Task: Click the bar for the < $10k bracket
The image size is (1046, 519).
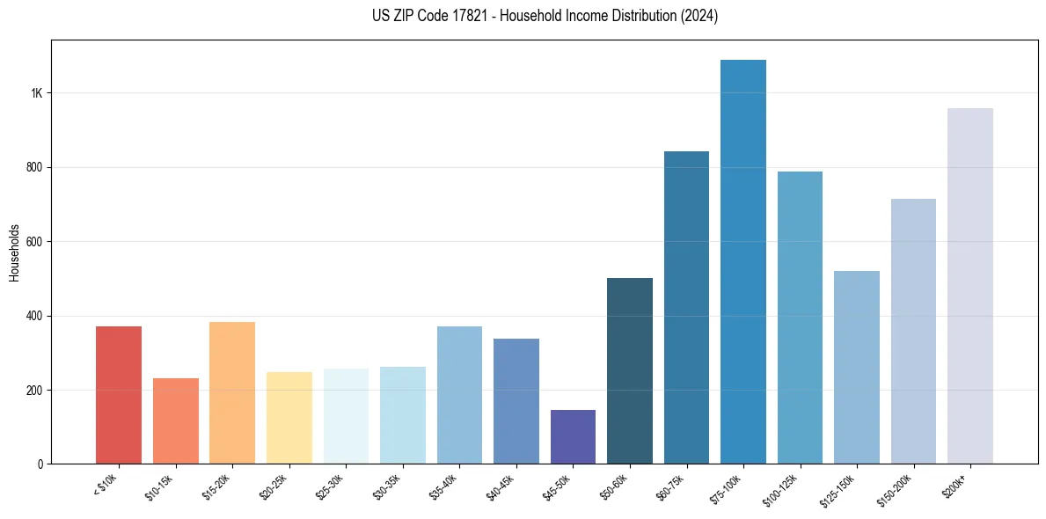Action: (x=119, y=395)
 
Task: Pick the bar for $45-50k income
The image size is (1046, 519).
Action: (x=573, y=436)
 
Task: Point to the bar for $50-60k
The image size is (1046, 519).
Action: (x=630, y=370)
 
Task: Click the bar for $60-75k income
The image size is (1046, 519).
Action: (x=686, y=307)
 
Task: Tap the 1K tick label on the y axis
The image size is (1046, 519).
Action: (x=37, y=93)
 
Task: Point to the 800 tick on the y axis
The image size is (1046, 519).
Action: (x=35, y=167)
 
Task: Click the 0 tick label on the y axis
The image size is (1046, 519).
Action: (x=40, y=464)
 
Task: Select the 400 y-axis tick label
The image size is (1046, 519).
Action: (x=35, y=316)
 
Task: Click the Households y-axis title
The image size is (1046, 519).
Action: (x=14, y=252)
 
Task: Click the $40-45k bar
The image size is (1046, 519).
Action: (x=516, y=401)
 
